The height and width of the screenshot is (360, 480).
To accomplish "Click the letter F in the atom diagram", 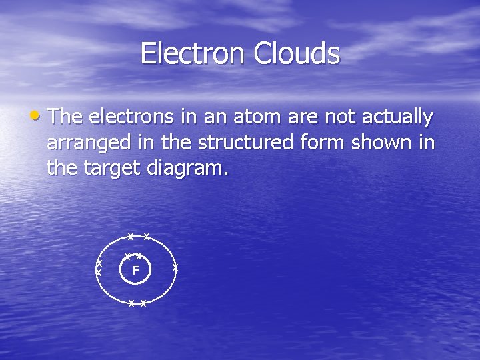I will click(135, 271).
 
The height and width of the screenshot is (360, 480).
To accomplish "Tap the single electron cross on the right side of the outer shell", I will click(175, 267).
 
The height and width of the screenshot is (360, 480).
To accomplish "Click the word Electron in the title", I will click(193, 53).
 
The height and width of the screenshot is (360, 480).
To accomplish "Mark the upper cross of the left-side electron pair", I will click(99, 263).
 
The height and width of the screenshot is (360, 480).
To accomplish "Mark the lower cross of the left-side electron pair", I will click(99, 273).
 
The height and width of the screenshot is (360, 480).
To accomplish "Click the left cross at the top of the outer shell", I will click(131, 237).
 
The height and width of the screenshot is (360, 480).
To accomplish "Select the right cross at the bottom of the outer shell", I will click(143, 303).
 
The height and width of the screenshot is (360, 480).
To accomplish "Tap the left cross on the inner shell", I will click(128, 256).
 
